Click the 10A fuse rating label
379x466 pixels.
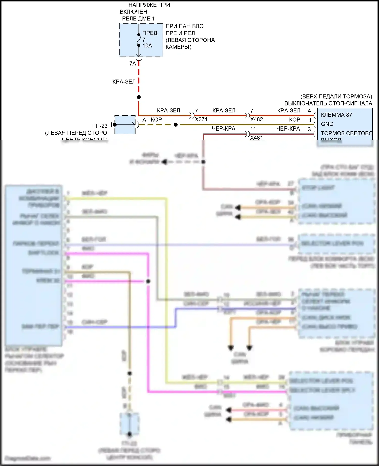point(147,46)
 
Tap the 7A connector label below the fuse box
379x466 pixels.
point(133,64)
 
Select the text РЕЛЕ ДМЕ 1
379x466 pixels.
point(138,19)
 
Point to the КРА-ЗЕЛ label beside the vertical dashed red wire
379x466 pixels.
point(124,82)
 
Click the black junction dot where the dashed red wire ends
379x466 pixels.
point(139,97)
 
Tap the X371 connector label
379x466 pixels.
point(201,119)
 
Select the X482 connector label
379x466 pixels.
point(256,119)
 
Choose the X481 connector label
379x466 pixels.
point(256,138)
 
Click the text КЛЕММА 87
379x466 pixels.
point(336,115)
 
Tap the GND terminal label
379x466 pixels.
point(327,124)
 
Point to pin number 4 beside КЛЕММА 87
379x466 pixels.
point(309,111)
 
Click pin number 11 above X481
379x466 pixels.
point(253,129)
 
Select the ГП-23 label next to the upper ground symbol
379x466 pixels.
point(100,126)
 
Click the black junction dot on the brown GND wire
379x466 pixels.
point(176,125)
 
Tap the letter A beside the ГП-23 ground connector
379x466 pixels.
point(144,120)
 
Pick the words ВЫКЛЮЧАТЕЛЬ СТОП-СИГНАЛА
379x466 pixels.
point(328,103)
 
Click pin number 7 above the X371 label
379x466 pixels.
point(196,111)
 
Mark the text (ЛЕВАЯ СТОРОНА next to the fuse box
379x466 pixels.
point(190,40)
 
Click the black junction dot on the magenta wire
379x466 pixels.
point(148,281)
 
